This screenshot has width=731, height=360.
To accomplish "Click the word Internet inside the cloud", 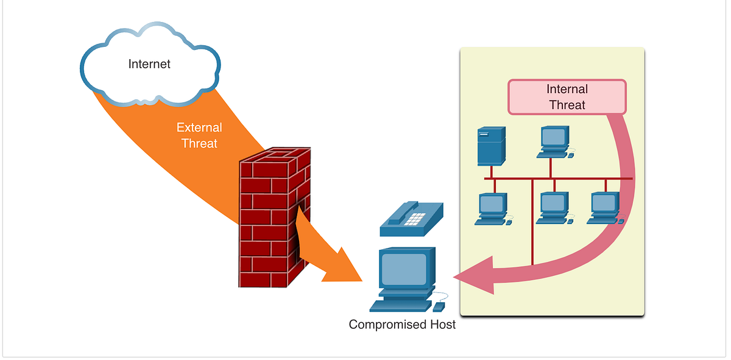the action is point(149,64).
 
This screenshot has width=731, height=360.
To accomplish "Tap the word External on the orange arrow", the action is point(199,127).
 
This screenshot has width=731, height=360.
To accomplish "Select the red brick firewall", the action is point(275,217).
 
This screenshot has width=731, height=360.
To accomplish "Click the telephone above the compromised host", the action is point(412,219).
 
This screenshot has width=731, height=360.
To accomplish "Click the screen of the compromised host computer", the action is point(404,270).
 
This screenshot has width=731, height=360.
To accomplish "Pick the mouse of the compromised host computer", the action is point(439,307).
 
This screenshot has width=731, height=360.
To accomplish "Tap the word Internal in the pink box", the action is point(567,89).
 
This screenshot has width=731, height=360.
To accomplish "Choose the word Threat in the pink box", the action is point(567,105).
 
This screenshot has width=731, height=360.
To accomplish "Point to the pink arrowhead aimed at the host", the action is point(474,276).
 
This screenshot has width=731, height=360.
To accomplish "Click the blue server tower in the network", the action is point(492,146).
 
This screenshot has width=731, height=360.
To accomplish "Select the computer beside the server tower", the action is point(555,142).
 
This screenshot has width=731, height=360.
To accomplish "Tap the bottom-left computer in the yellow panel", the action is point(493,209).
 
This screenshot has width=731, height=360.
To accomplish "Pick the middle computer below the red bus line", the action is point(555,208).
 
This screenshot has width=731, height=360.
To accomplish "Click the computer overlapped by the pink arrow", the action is point(606,208).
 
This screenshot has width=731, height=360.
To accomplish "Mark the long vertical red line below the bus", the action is point(532,222).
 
